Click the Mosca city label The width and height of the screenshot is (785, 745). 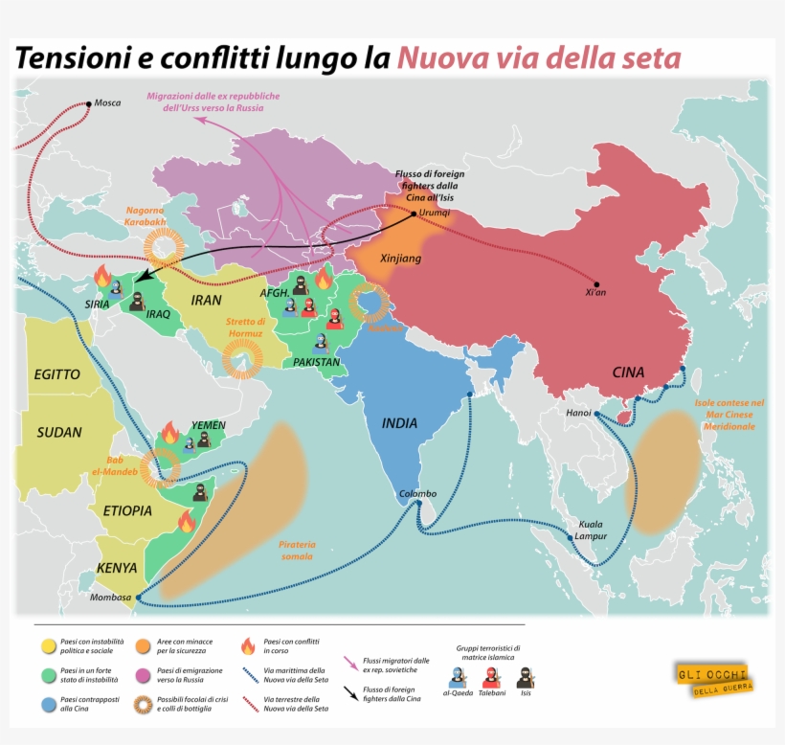(x=108, y=102)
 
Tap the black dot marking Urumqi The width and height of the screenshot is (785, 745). (x=414, y=214)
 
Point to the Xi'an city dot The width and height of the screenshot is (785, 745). (x=596, y=284)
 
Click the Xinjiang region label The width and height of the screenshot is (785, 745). (x=401, y=259)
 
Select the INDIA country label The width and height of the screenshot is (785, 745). (x=400, y=422)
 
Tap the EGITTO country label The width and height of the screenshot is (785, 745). (x=56, y=374)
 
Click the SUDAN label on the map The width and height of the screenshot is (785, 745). (x=59, y=432)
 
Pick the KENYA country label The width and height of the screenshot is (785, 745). (x=117, y=568)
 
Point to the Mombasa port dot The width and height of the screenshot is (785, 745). (x=138, y=598)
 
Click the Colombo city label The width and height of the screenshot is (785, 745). (x=417, y=494)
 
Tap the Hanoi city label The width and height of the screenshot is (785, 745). (x=577, y=414)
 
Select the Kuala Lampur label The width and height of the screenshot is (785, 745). (x=590, y=531)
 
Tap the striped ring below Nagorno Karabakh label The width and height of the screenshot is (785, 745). (x=165, y=248)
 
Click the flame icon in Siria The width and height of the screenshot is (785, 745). (x=102, y=276)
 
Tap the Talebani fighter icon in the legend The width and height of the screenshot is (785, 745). (x=491, y=677)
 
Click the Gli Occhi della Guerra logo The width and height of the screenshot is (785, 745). (x=714, y=679)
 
